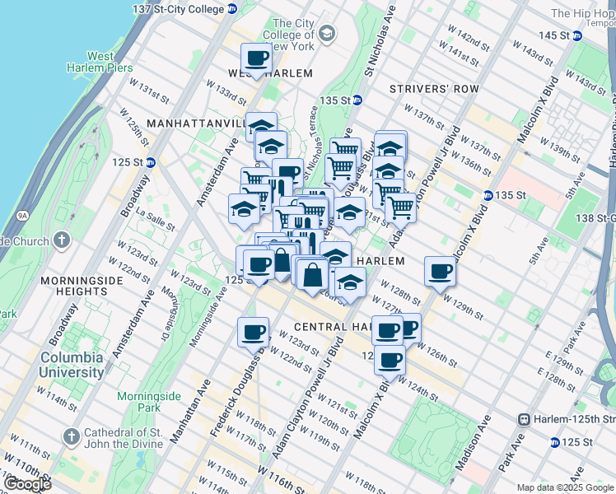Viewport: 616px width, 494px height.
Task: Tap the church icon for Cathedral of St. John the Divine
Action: tap(71, 435)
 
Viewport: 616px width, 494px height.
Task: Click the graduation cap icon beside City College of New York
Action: tap(327, 33)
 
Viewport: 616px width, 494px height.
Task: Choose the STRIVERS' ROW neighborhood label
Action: tap(422, 88)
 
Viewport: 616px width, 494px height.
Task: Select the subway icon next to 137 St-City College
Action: tap(232, 9)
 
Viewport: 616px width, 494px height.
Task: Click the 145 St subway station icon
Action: tap(578, 35)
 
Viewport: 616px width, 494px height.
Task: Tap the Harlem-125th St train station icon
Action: tap(522, 418)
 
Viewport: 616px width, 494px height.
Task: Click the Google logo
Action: tap(27, 484)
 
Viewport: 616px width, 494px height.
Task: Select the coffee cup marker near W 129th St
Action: tap(441, 271)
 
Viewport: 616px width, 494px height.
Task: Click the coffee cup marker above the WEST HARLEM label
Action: tap(257, 58)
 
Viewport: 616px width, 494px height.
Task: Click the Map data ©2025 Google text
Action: tap(564, 487)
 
